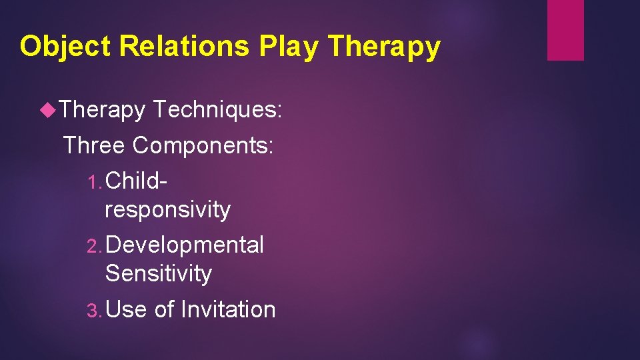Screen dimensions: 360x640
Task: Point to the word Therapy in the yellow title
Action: (x=385, y=47)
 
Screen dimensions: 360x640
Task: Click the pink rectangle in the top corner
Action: (x=565, y=30)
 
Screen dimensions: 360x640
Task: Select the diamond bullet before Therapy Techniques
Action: (x=48, y=110)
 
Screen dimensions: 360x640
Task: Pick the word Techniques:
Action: (x=218, y=110)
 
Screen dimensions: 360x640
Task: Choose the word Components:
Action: (x=203, y=145)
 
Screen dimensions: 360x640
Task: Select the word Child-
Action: (x=136, y=180)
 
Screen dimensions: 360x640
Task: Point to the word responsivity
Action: (x=167, y=209)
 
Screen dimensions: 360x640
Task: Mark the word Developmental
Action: (x=185, y=245)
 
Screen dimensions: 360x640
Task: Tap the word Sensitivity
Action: (x=158, y=273)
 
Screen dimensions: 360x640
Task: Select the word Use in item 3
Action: (x=126, y=309)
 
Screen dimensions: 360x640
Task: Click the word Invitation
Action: (x=228, y=309)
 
